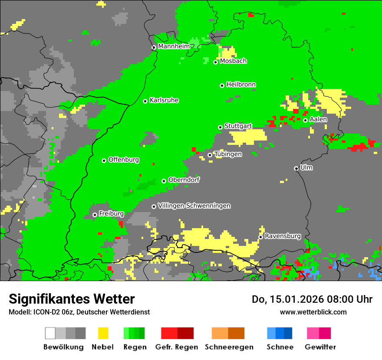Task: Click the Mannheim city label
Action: pyautogui.click(x=174, y=46)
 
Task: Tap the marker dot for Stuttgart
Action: pyautogui.click(x=220, y=127)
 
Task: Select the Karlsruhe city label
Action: pyautogui.click(x=164, y=100)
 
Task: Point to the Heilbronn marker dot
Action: pyautogui.click(x=222, y=85)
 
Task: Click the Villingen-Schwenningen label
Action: pyautogui.click(x=194, y=206)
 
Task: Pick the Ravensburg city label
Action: pyautogui.click(x=283, y=236)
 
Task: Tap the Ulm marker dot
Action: pyautogui.click(x=296, y=168)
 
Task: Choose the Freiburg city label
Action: pyautogui.click(x=111, y=214)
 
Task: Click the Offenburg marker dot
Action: pyautogui.click(x=104, y=160)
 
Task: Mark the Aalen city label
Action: pyautogui.click(x=318, y=119)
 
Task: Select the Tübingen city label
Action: pyautogui.click(x=228, y=154)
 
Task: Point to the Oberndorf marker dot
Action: pyautogui.click(x=164, y=181)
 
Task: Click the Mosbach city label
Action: pyautogui.click(x=233, y=61)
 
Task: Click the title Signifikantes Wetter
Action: pyautogui.click(x=72, y=299)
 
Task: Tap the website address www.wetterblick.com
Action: pyautogui.click(x=313, y=312)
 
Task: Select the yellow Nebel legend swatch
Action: pyautogui.click(x=103, y=333)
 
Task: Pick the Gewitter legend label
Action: pyautogui.click(x=320, y=347)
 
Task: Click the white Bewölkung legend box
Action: pyautogui.click(x=50, y=333)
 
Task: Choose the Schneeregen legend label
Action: pyautogui.click(x=229, y=347)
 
